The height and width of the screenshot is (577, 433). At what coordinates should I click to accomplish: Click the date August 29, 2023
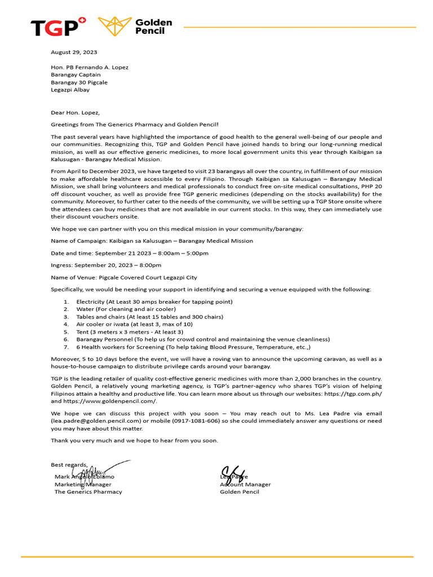point(74,52)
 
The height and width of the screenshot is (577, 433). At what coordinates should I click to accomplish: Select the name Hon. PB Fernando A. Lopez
point(90,68)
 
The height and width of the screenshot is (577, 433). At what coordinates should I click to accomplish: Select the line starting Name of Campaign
point(152,241)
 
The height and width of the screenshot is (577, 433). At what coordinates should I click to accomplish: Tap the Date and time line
point(130,253)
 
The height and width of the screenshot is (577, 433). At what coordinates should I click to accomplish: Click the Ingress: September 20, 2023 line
point(106,265)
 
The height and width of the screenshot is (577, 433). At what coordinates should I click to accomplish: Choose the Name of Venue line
point(124,277)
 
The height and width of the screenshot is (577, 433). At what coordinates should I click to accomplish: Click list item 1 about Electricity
point(154,301)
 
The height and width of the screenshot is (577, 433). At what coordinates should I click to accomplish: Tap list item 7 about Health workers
point(193,347)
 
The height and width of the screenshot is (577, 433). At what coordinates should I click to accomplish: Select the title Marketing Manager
point(83,485)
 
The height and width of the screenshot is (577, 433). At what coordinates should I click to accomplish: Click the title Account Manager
point(245,485)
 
